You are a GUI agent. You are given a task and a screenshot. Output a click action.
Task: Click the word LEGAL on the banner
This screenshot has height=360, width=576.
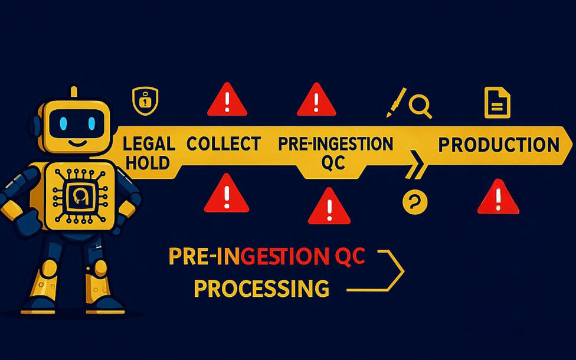[x=149, y=144]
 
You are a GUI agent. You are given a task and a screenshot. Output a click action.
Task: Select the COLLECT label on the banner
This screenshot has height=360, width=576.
[x=224, y=144]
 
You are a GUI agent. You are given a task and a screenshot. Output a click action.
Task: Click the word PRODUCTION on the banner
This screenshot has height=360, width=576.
[x=499, y=145]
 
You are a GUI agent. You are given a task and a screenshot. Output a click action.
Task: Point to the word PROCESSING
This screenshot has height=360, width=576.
[x=261, y=289]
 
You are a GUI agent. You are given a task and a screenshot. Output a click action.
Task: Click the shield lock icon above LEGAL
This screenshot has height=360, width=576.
[x=145, y=102]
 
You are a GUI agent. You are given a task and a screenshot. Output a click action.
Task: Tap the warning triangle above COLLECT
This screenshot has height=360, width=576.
[x=227, y=100]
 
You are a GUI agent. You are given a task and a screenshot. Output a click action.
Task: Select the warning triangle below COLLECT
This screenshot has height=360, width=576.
[x=227, y=194]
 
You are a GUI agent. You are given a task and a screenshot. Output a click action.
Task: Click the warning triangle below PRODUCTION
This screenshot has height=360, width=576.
[x=498, y=198]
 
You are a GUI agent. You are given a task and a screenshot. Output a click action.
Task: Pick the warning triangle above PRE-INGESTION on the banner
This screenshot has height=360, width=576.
[x=316, y=100]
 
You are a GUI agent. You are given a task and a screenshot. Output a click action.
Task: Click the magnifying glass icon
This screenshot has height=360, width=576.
[x=420, y=106]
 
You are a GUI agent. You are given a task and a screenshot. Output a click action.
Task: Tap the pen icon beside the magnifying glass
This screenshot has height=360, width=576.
[x=397, y=102]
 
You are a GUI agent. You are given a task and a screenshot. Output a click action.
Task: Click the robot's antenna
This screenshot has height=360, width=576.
[x=74, y=92]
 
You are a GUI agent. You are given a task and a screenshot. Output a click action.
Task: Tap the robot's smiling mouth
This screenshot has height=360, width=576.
[x=77, y=142]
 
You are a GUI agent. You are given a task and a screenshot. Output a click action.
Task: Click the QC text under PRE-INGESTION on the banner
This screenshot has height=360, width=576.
[x=333, y=163]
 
